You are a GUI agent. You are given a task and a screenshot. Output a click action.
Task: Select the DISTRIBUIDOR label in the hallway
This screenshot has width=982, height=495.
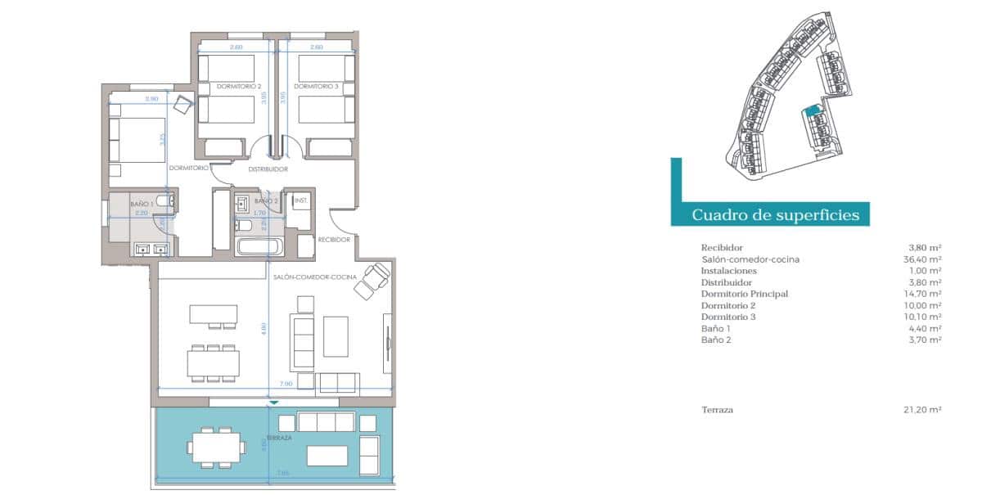(268, 169)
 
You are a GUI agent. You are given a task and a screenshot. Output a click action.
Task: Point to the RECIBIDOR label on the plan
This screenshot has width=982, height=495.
(334, 240)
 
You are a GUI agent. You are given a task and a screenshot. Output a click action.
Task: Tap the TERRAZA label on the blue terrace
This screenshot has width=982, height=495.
(279, 438)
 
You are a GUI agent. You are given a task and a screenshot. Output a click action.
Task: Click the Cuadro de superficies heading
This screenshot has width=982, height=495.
(775, 215)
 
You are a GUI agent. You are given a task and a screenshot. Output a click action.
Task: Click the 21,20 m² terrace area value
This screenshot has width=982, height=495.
(925, 410)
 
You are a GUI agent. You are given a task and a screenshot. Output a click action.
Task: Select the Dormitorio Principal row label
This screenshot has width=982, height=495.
(744, 294)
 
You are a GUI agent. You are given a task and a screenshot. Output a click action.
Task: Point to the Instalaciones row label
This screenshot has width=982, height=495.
(729, 271)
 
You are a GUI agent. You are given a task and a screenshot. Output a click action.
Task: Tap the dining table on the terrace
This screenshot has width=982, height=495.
(216, 447)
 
